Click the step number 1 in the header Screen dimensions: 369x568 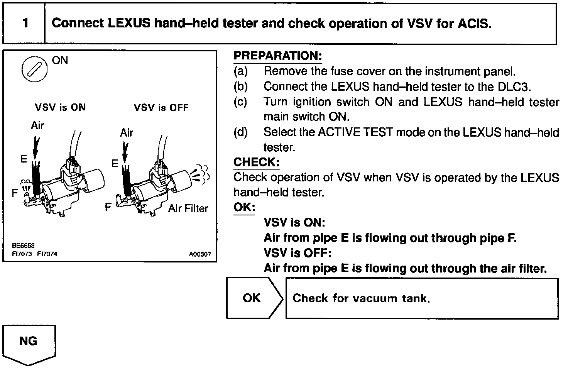tap(25, 23)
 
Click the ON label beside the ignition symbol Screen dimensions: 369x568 tap(59, 60)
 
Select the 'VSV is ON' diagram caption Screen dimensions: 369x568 tap(60, 107)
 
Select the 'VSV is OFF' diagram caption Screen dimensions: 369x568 tap(161, 107)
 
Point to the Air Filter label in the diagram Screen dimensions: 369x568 tap(188, 208)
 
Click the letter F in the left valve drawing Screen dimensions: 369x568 tap(15, 193)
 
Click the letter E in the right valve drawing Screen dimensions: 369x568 tap(115, 164)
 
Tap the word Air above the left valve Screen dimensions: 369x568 tap(37, 125)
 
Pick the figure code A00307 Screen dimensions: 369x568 tap(200, 254)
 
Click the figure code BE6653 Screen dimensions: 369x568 tap(23, 245)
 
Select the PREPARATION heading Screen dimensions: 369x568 tap(277, 56)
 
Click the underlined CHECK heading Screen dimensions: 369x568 tap(256, 162)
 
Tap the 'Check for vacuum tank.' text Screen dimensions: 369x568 tap(361, 298)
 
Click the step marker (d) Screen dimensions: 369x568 tap(240, 132)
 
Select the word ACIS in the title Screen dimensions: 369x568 tap(474, 24)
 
